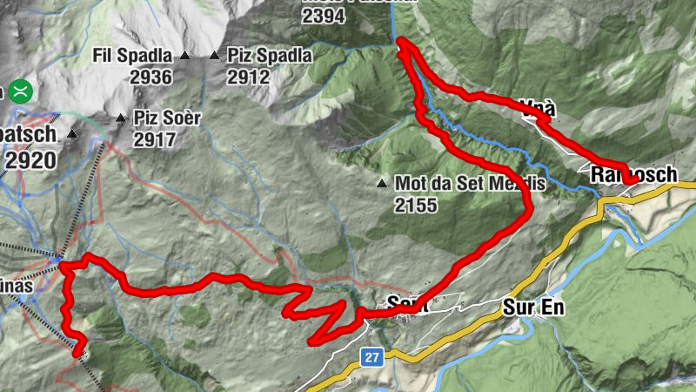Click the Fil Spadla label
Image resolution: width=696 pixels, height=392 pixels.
tap(132, 57)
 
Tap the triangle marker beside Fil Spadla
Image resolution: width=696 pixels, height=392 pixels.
tap(184, 57)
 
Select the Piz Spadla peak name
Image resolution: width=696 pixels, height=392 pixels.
tap(269, 57)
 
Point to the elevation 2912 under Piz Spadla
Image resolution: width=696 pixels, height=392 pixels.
tap(248, 77)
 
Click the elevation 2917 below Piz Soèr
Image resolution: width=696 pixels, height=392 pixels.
tap(156, 139)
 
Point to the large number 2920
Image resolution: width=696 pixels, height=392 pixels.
tap(31, 159)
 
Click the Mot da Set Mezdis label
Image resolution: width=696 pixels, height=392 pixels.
tap(469, 184)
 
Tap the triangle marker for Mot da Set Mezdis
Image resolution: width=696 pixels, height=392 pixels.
tap(381, 184)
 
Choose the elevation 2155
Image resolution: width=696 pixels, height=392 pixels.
tap(416, 206)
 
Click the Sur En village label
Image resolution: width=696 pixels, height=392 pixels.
tap(534, 308)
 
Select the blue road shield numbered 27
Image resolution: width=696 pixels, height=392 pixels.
tap(371, 356)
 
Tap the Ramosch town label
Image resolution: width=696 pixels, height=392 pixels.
tap(633, 175)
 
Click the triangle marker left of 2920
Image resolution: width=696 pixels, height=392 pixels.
tap(72, 135)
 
